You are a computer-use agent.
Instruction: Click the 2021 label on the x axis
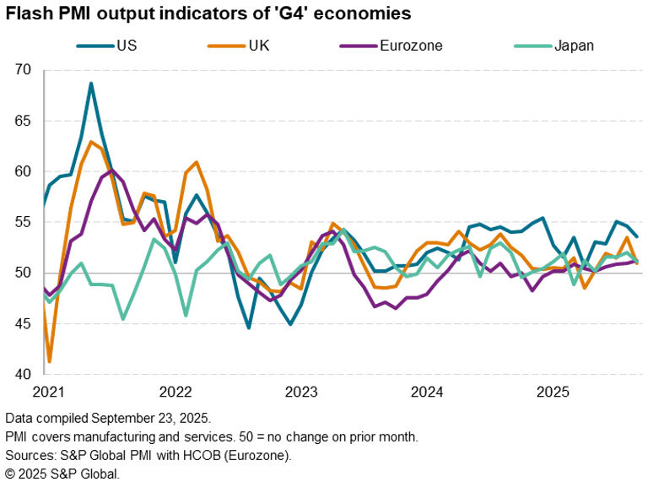coord(49,393)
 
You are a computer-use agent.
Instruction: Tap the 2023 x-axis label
coord(301,393)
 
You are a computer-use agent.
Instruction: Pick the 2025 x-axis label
coord(553,393)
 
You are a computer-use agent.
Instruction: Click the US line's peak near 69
coord(91,84)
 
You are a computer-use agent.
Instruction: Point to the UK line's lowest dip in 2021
coord(49,361)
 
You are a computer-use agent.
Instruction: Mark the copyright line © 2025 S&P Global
coord(62,474)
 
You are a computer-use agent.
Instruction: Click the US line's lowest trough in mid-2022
coord(249,328)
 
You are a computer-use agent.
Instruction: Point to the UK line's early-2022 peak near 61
coord(197,162)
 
